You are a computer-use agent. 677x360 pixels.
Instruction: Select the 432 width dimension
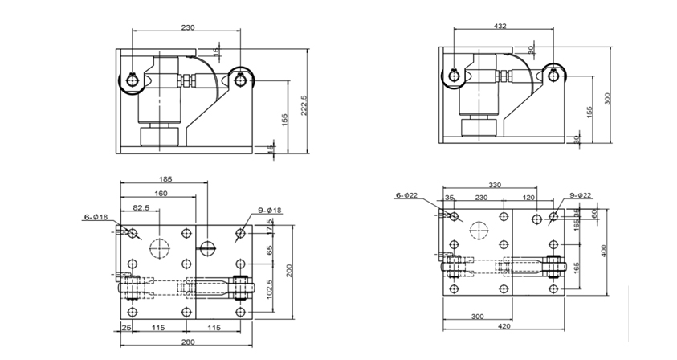click(499, 27)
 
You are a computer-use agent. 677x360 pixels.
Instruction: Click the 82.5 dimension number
click(141, 208)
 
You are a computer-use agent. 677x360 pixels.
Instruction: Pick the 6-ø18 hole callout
click(96, 217)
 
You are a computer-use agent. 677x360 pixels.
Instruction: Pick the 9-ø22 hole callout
click(581, 195)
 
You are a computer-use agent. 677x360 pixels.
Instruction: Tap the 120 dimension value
click(529, 197)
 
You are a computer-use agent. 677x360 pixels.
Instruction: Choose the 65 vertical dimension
click(271, 251)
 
